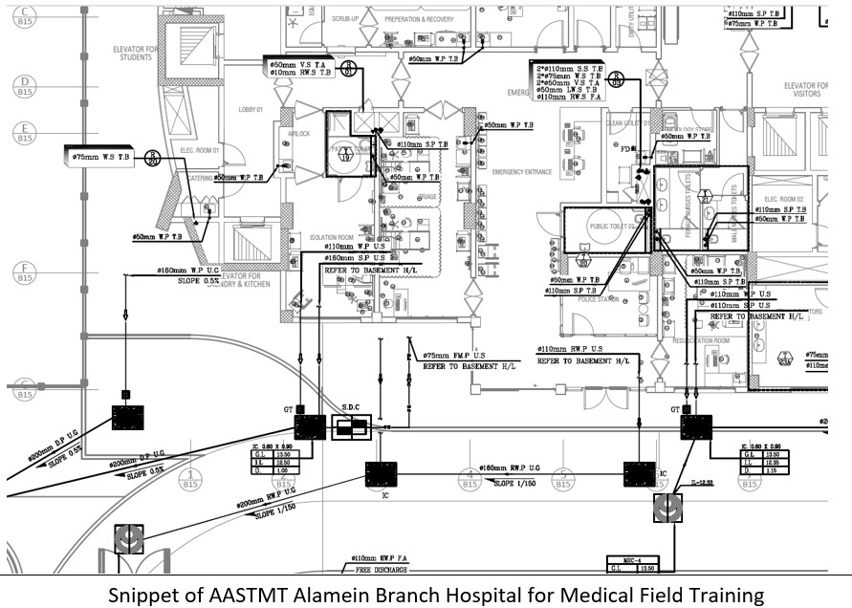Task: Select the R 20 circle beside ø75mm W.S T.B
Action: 152,157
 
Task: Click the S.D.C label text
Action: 352,409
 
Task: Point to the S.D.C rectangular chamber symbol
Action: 351,428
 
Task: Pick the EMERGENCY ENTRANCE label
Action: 521,172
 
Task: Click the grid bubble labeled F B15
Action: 24,272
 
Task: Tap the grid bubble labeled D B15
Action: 24,88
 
